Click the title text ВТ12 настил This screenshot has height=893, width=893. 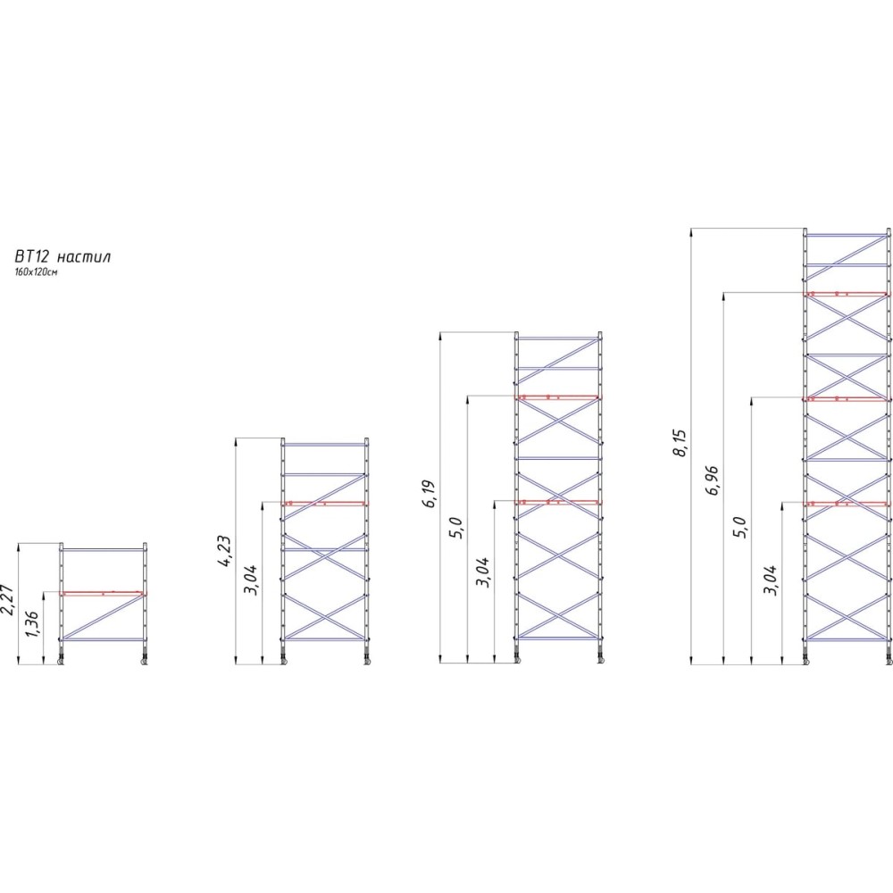click(x=63, y=256)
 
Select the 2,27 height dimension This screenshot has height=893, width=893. click(x=9, y=597)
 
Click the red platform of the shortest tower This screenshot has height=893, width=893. click(x=102, y=592)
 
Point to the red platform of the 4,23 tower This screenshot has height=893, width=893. click(x=324, y=504)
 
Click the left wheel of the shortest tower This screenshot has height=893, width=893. click(x=62, y=660)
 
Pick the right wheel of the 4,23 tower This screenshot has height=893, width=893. click(x=367, y=660)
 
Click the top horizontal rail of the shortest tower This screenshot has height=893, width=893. click(x=104, y=549)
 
